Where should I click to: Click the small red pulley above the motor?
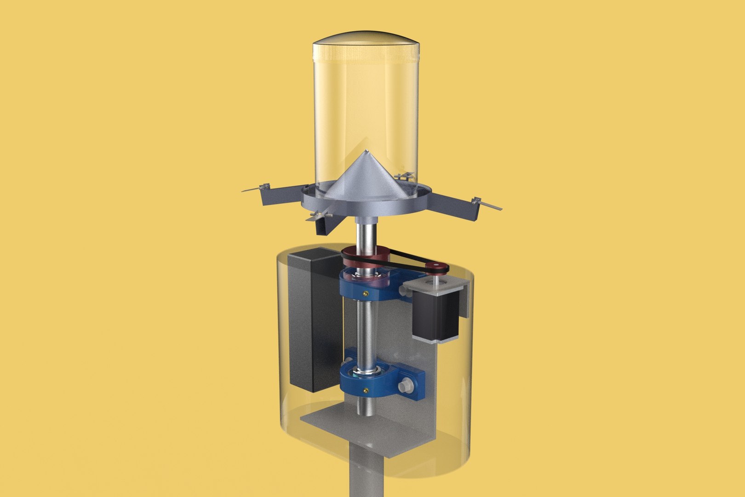(434, 267)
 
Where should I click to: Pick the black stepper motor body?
(435, 318)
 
